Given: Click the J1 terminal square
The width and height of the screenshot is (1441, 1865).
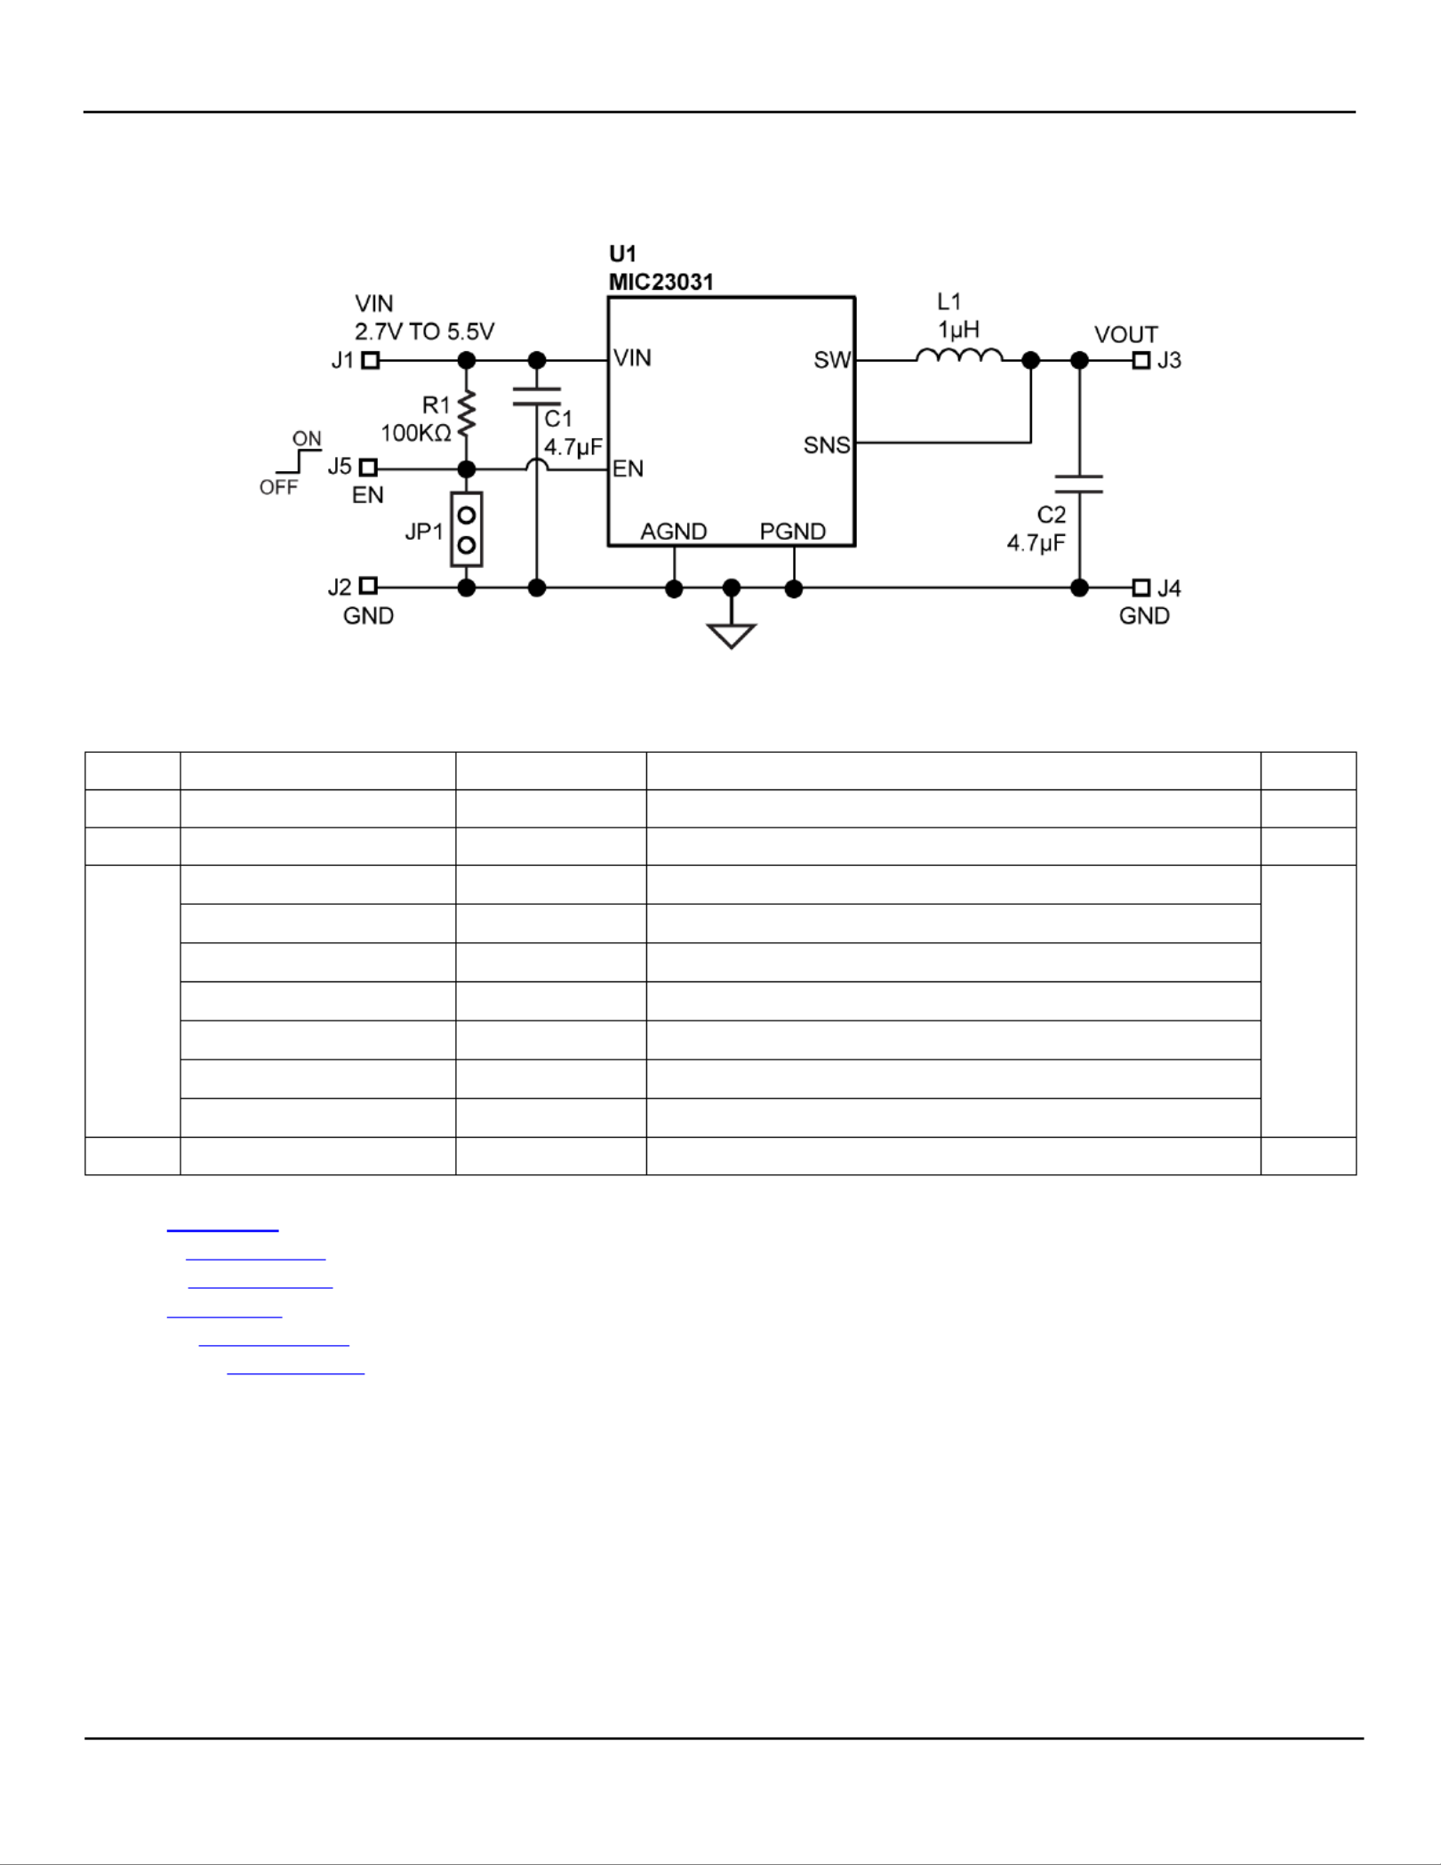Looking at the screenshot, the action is tap(371, 360).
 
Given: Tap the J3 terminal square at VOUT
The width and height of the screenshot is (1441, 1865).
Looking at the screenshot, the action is tap(1141, 360).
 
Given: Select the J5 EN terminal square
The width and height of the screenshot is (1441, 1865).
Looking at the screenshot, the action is tap(368, 468).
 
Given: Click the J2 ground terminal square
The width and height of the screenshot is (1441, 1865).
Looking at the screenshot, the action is tap(368, 586).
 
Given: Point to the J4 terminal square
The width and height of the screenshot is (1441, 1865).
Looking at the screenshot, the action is tap(1141, 588).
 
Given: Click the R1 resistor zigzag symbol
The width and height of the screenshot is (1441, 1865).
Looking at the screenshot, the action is tap(466, 413).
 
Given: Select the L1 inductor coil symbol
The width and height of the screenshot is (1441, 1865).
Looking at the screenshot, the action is tap(959, 356).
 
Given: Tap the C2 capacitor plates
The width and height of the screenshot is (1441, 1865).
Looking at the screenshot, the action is tap(1079, 484).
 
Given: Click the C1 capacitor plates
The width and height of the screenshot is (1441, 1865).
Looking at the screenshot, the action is tap(537, 396).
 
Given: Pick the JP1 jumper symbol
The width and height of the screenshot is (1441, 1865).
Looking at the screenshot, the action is tap(467, 529).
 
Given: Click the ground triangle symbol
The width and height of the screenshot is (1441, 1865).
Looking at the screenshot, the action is tap(732, 636).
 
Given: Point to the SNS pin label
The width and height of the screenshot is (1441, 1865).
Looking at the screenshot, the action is tap(827, 445).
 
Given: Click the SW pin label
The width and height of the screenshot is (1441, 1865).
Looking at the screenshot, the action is tap(832, 360).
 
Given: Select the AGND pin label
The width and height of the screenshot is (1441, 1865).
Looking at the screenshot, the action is tap(674, 532).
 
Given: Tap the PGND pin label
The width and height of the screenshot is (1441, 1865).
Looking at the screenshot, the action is tap(793, 532).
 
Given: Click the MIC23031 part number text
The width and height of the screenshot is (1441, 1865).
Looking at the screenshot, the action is tap(661, 282).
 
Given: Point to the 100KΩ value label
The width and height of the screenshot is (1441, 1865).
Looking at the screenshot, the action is tap(416, 433).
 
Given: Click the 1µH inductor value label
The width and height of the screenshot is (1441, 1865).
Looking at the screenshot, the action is tap(958, 330).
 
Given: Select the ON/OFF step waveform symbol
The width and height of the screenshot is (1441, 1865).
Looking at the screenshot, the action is tap(299, 461).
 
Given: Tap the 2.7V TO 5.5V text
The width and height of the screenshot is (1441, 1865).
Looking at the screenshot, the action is tap(424, 332).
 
